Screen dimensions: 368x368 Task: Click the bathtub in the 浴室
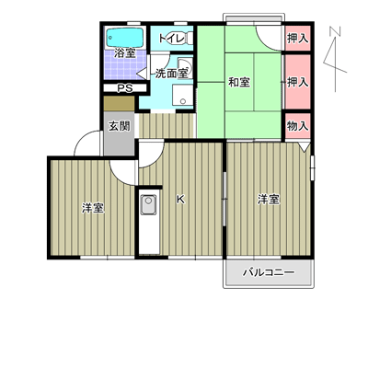tap(125, 38)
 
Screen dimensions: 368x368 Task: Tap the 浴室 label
tap(125, 53)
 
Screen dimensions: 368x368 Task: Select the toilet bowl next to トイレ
tap(190, 39)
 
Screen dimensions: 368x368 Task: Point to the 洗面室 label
tap(171, 74)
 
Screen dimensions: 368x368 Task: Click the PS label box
tap(125, 88)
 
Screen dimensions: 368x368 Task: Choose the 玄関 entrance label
tap(120, 126)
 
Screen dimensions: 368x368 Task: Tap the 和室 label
tap(239, 82)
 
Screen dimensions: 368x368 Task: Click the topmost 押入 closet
tap(298, 39)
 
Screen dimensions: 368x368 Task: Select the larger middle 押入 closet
tap(298, 82)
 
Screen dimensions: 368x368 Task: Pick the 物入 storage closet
tap(298, 126)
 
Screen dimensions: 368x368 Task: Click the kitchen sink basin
tap(149, 204)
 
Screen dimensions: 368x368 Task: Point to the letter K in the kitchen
tap(180, 200)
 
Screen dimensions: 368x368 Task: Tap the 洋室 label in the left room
tap(93, 208)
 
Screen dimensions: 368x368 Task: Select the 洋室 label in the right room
tap(269, 200)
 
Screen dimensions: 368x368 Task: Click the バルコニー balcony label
tap(269, 272)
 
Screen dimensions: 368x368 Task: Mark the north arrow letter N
tap(336, 31)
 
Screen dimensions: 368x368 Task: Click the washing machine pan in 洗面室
tap(182, 96)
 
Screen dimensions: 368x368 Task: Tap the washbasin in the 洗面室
tap(186, 67)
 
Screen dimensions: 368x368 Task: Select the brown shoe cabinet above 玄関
tap(119, 104)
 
